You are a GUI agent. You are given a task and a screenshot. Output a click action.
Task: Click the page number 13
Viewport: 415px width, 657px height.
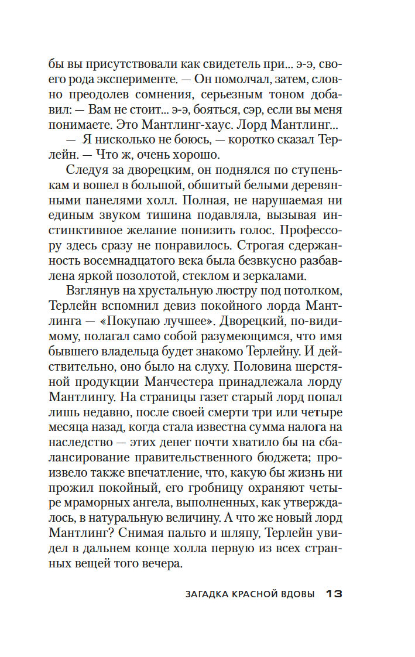click(333, 594)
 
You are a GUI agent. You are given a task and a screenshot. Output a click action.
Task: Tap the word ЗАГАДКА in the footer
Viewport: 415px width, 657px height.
click(208, 594)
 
